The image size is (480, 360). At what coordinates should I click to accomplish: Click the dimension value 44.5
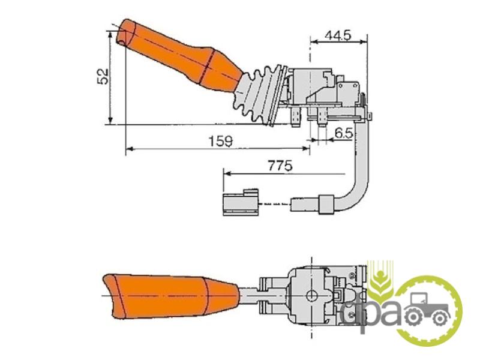338,35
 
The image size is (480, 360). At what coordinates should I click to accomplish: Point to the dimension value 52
103,76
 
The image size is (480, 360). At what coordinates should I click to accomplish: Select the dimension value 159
220,141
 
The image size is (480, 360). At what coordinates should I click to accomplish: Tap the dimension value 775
280,166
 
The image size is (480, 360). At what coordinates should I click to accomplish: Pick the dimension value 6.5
344,133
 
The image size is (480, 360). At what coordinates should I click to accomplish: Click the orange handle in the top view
181,56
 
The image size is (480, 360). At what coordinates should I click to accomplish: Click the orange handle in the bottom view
170,296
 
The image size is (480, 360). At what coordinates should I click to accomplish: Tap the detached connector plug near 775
241,202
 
